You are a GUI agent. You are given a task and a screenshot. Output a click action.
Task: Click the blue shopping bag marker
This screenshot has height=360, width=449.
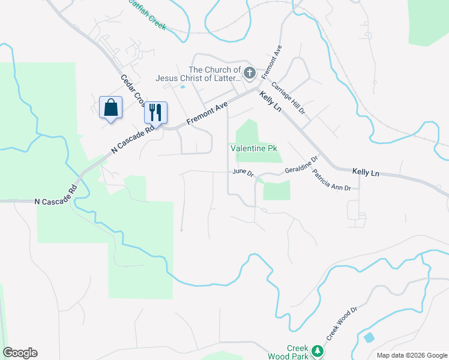point(110,108)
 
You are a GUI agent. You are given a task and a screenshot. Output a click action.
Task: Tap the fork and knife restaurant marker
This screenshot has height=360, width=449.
point(155,112)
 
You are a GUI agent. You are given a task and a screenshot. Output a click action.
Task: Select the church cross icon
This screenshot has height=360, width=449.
point(250,73)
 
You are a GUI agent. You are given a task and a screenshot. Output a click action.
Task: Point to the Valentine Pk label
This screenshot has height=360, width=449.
point(255,148)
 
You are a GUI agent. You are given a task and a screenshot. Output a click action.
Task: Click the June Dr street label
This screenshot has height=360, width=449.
point(243,173)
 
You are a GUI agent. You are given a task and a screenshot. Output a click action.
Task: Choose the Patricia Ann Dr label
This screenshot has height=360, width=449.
point(334,180)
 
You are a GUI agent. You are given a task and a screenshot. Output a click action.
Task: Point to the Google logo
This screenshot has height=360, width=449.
point(20,353)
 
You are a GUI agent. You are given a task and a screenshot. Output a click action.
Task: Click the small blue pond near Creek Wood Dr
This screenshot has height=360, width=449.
point(369,337)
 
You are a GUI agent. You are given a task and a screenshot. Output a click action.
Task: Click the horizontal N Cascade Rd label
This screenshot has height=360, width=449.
point(56,202)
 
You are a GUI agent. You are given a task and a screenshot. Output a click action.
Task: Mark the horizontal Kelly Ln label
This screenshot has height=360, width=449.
point(366,172)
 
